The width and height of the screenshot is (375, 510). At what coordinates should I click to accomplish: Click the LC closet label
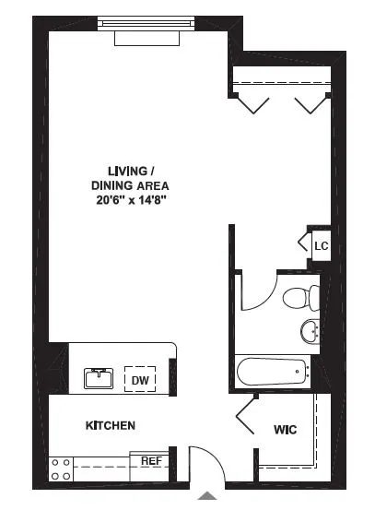pyautogui.click(x=321, y=246)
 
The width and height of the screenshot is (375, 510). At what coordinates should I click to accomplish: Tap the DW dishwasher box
pyautogui.click(x=140, y=379)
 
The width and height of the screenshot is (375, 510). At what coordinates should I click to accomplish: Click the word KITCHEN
pyautogui.click(x=111, y=425)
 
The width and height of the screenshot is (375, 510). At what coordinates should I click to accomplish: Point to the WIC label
pyautogui.click(x=285, y=430)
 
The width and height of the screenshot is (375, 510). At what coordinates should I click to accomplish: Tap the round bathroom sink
pyautogui.click(x=310, y=330)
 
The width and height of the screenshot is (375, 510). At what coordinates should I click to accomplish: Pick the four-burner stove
pyautogui.click(x=62, y=468)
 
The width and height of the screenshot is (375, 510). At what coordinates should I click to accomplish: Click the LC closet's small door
pyautogui.click(x=303, y=243)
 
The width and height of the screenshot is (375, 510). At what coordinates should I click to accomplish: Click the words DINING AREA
pyautogui.click(x=128, y=184)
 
